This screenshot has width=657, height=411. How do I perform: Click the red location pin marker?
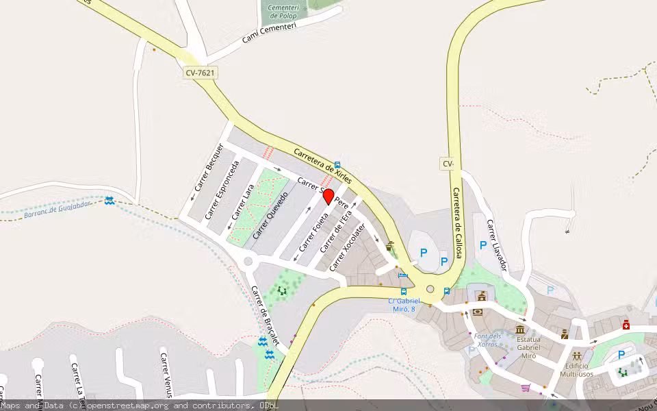(x=328, y=197)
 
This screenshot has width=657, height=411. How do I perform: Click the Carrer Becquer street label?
(x=209, y=167)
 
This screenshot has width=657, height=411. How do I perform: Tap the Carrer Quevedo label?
(x=270, y=214)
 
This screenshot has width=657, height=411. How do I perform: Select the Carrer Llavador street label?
(x=496, y=245)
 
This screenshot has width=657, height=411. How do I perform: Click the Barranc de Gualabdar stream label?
(x=57, y=211)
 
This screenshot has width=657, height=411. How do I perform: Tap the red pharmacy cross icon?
(x=626, y=325)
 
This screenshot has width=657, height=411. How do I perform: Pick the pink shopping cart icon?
(x=526, y=388)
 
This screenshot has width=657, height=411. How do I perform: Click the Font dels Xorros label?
(x=487, y=340)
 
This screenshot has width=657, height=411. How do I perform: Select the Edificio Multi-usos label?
(x=578, y=370)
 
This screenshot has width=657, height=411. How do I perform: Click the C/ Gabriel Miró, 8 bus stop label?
(x=403, y=305)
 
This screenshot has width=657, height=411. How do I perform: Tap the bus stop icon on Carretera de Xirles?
(x=337, y=165)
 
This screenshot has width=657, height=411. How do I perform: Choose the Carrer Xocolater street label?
(x=348, y=246)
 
